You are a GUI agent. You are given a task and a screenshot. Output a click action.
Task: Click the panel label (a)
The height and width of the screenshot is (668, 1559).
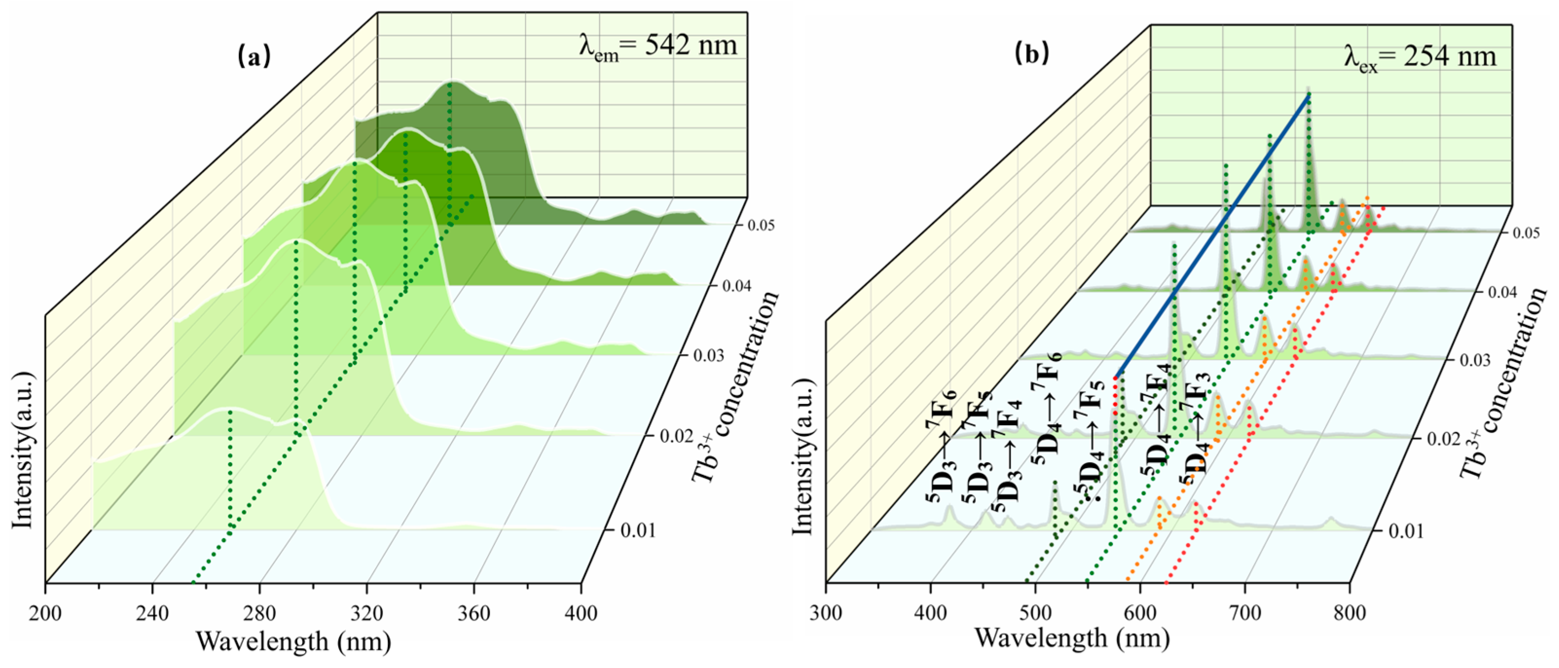(x=254, y=57)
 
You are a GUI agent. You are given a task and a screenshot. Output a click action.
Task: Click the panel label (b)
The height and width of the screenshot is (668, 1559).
(x=1031, y=54)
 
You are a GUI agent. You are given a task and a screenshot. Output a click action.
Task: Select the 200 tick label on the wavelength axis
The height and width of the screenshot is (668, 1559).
(x=45, y=613)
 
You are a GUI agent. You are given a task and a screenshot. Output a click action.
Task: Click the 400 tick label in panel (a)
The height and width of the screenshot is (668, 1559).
(x=580, y=613)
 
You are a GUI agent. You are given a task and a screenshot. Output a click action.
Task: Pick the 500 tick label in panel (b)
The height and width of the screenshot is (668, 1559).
(x=1035, y=613)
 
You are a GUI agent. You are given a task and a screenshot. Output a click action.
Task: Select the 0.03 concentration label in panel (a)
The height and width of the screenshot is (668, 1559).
(x=707, y=355)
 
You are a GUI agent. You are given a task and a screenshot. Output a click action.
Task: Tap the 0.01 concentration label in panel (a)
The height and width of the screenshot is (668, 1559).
(x=638, y=531)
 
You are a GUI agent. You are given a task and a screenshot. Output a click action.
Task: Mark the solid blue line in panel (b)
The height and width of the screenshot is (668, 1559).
(x=1211, y=236)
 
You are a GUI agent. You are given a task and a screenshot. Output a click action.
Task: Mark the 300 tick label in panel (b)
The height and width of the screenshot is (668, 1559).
(x=826, y=613)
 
